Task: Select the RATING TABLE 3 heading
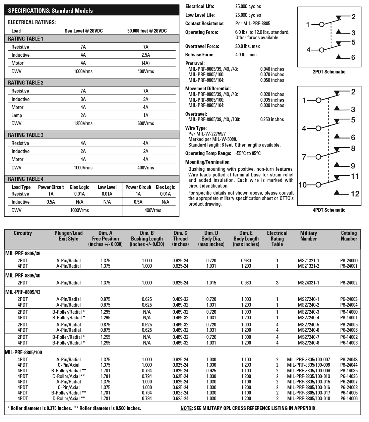click(26, 135)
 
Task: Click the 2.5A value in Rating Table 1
click(145, 55)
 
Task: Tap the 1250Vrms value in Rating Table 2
click(83, 123)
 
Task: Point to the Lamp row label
click(17, 115)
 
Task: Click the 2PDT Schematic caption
click(328, 71)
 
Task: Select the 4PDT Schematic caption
click(329, 210)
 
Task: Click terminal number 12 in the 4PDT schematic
click(355, 194)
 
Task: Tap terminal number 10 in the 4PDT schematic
click(302, 185)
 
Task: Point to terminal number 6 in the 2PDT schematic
click(353, 58)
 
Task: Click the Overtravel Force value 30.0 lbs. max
click(247, 46)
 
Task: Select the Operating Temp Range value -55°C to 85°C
click(248, 153)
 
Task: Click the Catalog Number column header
click(349, 236)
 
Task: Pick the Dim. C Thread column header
click(180, 239)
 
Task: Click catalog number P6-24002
click(349, 283)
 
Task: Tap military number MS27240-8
click(308, 343)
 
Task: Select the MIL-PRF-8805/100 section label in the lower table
click(23, 352)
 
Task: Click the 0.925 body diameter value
click(211, 371)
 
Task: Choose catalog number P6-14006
click(349, 399)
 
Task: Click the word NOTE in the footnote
click(186, 408)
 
